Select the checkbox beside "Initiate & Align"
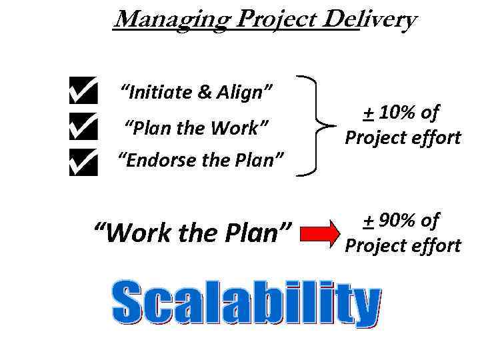pos(83,92)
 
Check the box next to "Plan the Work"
pos(83,127)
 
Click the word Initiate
pos(155,92)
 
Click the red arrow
pos(320,234)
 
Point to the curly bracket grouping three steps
pos(317,125)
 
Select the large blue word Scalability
pos(247,302)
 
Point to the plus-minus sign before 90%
pos(367,221)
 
